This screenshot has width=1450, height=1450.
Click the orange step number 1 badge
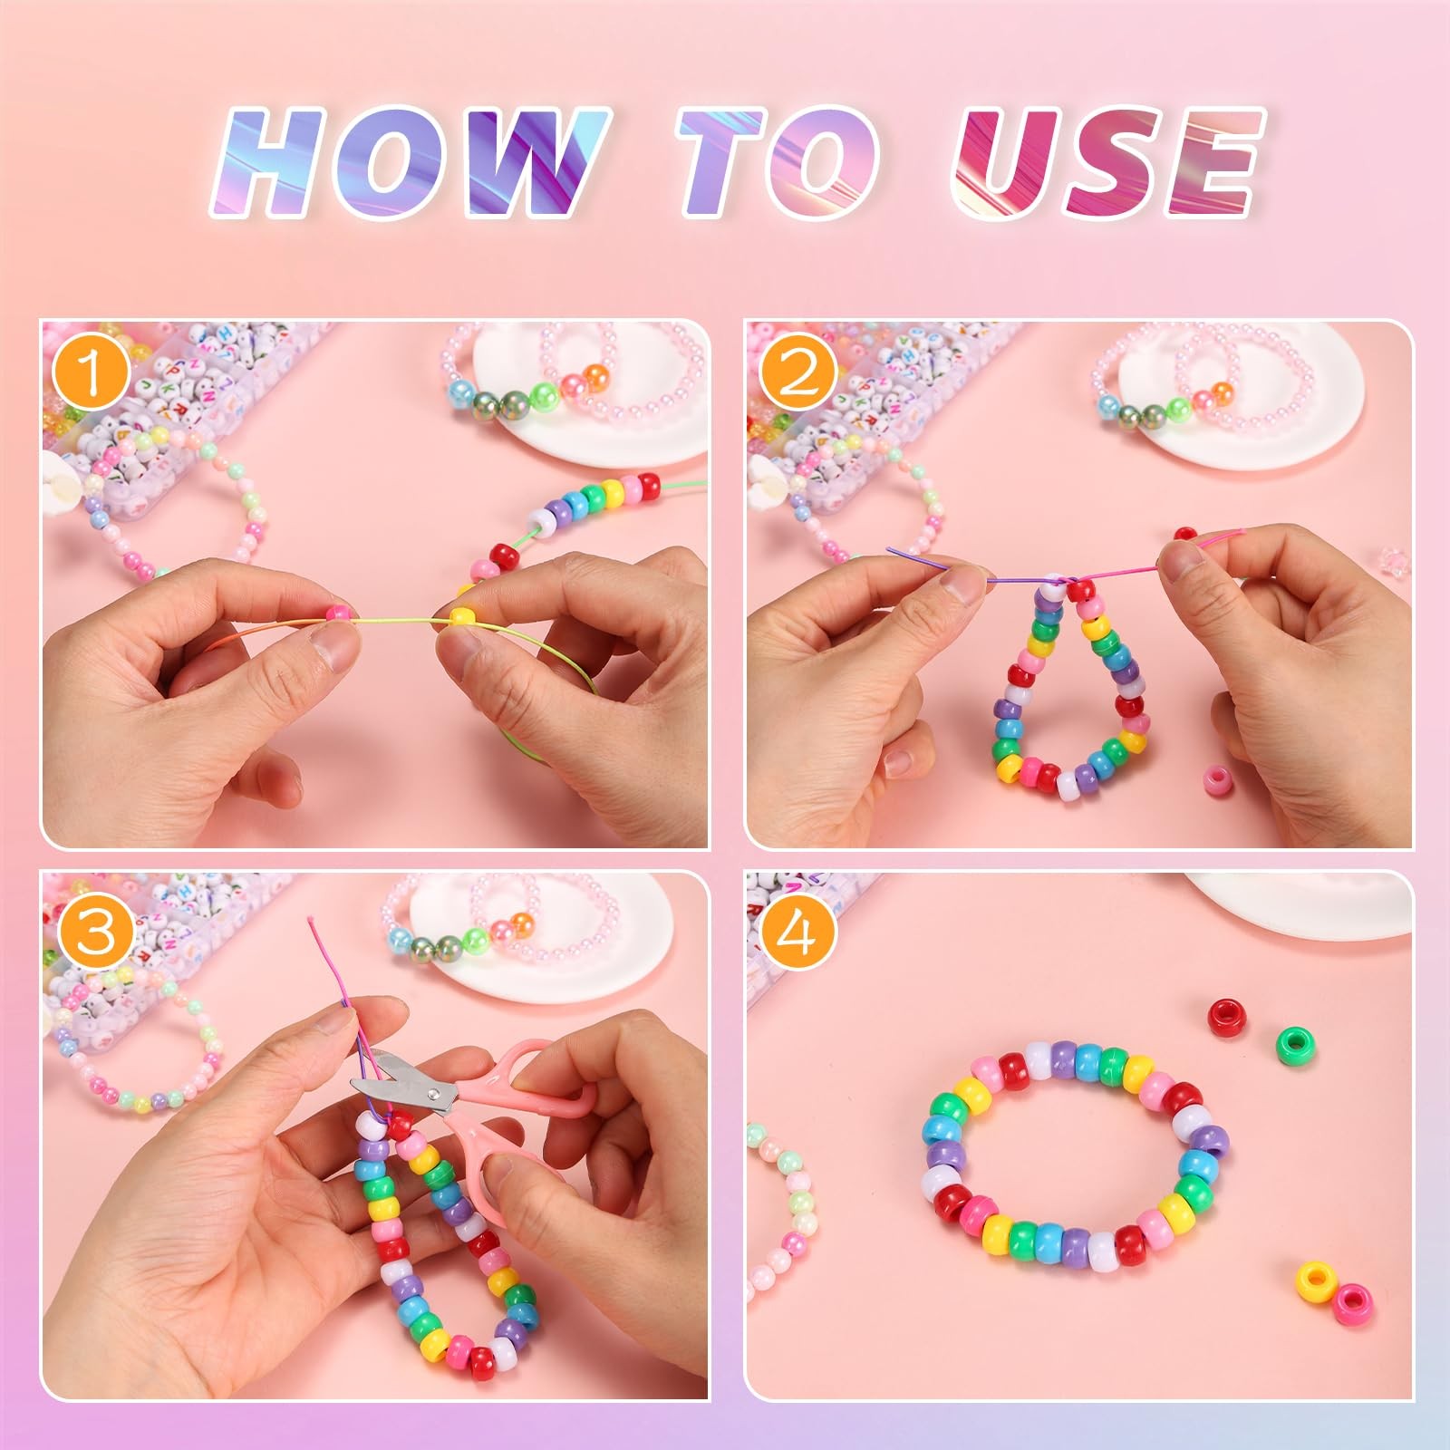(90, 373)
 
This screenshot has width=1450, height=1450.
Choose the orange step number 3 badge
(95, 933)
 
